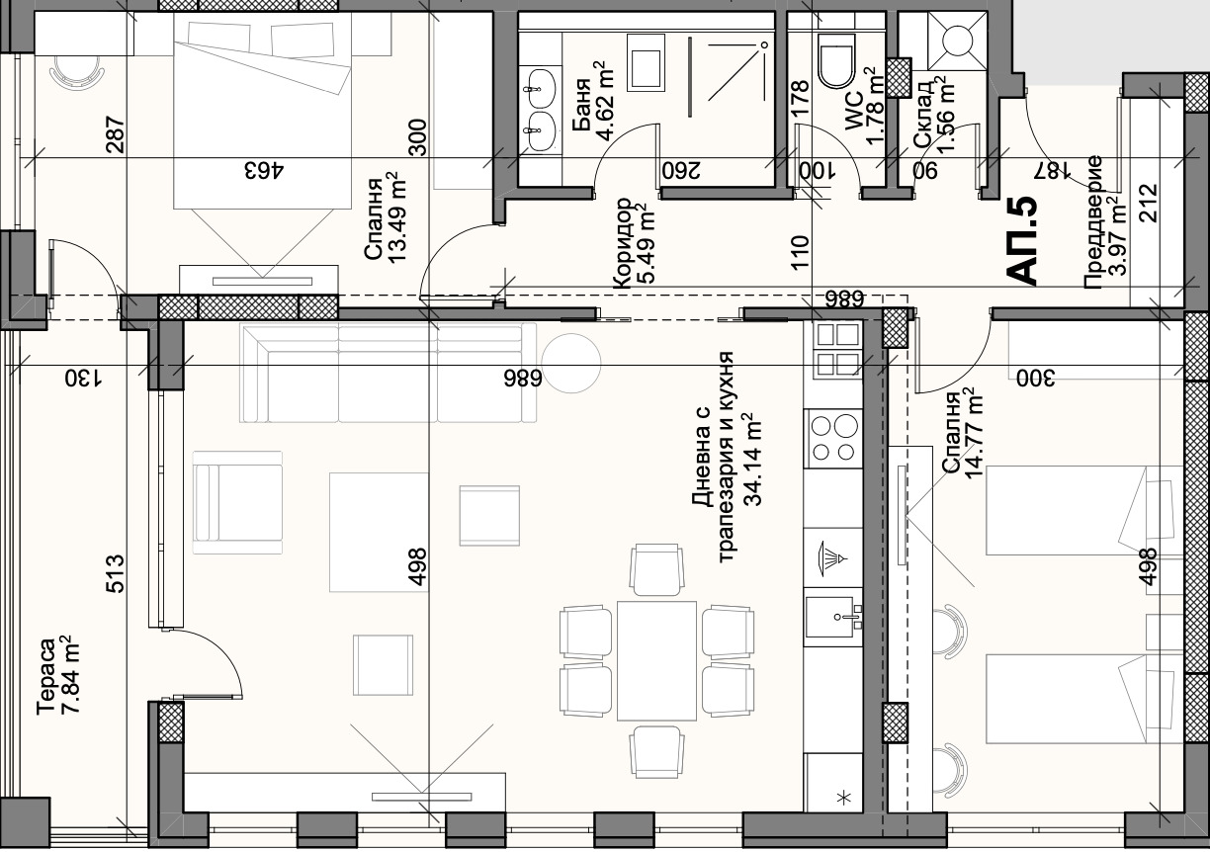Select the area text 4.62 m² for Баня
(x=604, y=101)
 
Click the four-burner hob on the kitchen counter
(x=832, y=438)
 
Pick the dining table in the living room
(x=656, y=660)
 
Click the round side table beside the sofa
(x=571, y=363)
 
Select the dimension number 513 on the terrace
(x=115, y=574)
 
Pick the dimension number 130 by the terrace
(x=83, y=378)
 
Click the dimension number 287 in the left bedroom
(x=115, y=134)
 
